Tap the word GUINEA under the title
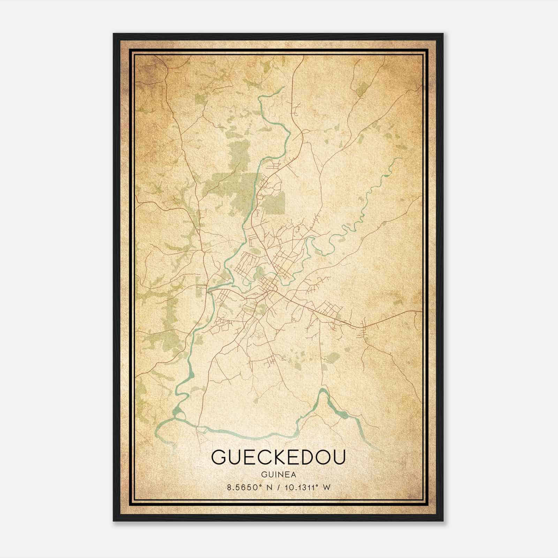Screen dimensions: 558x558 278,475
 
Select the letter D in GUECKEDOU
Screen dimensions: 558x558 306,457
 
